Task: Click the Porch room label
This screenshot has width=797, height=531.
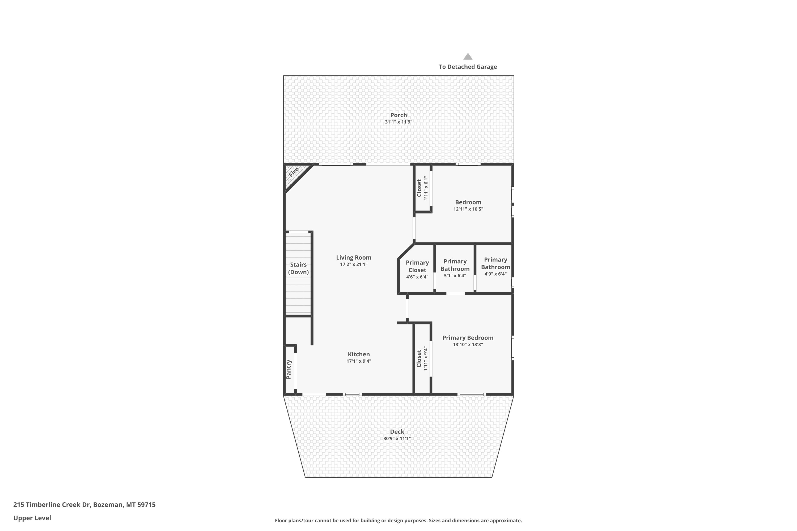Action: (398, 115)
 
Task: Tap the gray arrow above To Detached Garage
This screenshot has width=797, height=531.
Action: (468, 57)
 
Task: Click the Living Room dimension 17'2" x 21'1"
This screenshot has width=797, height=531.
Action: (354, 264)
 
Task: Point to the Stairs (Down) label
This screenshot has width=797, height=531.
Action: (299, 268)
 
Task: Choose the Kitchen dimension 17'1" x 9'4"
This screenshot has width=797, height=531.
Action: (359, 361)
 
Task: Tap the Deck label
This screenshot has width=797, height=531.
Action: (397, 432)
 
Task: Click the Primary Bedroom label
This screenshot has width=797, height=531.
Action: (468, 338)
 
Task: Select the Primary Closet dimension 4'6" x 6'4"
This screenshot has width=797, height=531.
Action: (417, 277)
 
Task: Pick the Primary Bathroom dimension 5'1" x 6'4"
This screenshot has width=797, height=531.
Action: (455, 276)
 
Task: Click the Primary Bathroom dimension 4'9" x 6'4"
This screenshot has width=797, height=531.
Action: (495, 274)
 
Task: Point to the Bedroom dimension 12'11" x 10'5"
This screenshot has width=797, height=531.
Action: (468, 209)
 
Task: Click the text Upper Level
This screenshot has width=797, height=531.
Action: (32, 518)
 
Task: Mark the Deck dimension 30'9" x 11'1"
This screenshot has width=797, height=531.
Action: (397, 439)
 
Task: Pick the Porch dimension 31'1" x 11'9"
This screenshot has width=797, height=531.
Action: (398, 122)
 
